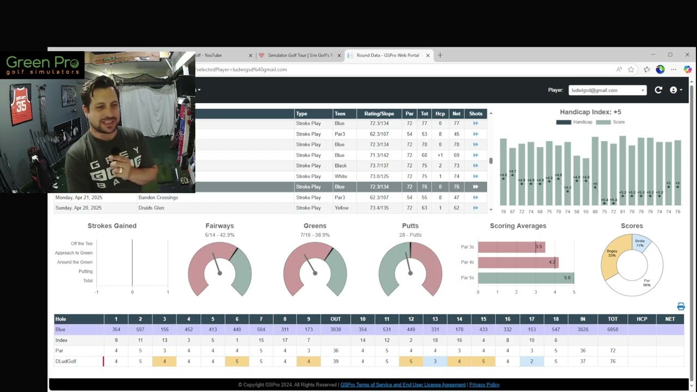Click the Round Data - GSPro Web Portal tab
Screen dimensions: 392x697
coord(387,55)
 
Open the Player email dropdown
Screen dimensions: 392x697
coord(607,90)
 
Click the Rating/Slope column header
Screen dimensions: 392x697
coord(379,113)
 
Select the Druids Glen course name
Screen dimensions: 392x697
coord(151,208)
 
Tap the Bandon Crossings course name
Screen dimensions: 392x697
coord(158,198)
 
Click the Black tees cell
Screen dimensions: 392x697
coord(340,166)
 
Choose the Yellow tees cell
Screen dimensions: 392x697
coord(341,208)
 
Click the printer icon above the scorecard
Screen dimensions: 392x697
coord(681,307)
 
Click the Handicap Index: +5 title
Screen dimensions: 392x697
coord(590,112)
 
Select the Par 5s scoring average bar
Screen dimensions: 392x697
coord(525,278)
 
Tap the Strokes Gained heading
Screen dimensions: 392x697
coord(112,225)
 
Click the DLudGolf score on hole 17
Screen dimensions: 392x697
coord(531,361)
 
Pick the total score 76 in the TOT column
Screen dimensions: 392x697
coord(613,361)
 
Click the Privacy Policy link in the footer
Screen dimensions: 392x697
coord(484,385)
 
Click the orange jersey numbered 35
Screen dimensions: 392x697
coord(21,103)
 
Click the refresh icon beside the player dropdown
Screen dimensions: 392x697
coord(658,90)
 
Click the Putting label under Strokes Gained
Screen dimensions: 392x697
coord(85,271)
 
